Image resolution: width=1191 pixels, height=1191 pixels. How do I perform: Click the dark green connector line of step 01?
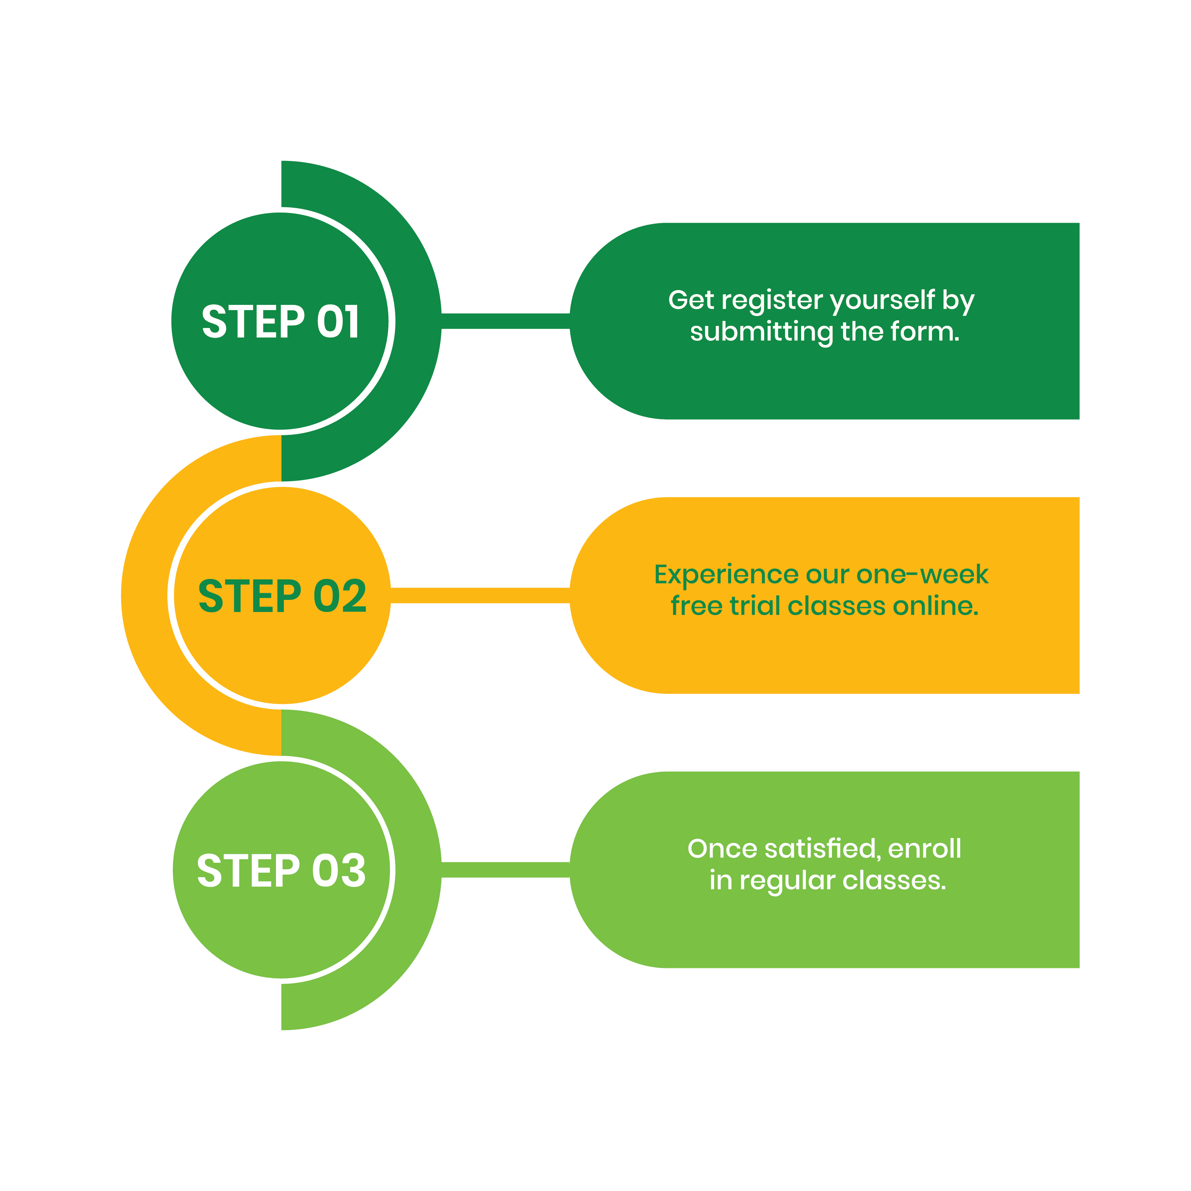tap(506, 321)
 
